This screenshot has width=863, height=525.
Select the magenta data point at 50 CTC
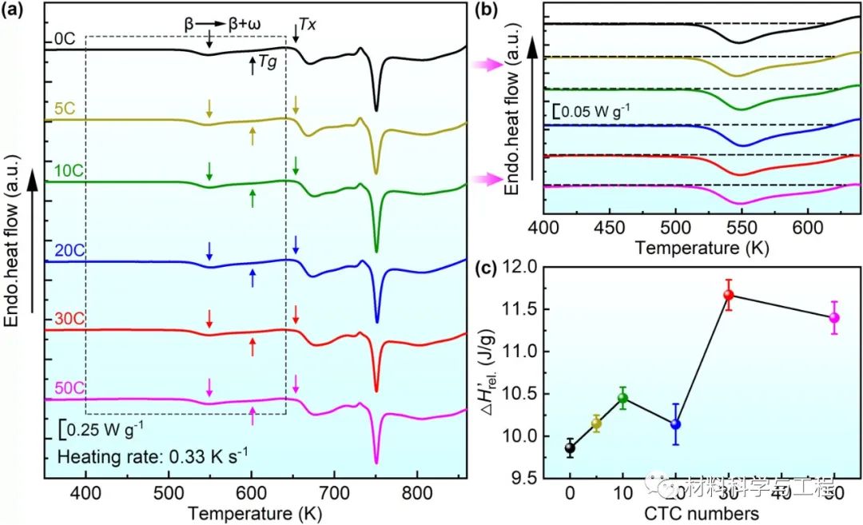pyautogui.click(x=834, y=317)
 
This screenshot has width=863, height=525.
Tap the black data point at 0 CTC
pyautogui.click(x=570, y=447)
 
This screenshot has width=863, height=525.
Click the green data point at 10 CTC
pyautogui.click(x=622, y=398)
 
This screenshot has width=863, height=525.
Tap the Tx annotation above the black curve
pyautogui.click(x=308, y=25)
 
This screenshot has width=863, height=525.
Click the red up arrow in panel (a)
pyautogui.click(x=253, y=346)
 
